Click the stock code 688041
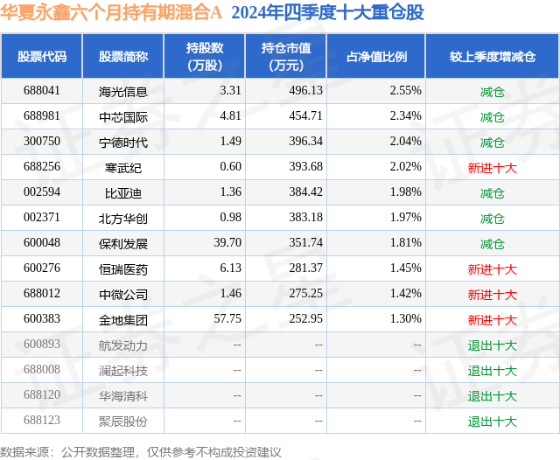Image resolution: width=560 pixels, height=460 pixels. (42, 91)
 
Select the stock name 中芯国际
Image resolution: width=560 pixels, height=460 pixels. (123, 116)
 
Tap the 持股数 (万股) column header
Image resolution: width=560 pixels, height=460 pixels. (204, 56)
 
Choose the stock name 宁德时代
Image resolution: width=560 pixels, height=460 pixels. (123, 142)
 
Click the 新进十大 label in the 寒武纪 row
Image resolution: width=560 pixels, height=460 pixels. (492, 167)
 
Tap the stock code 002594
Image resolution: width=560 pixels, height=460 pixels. (42, 192)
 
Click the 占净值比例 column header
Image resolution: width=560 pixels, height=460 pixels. (382, 56)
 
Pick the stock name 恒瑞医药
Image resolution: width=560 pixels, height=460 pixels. (123, 268)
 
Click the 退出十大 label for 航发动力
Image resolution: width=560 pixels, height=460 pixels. (492, 345)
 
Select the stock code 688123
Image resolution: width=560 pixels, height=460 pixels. (42, 421)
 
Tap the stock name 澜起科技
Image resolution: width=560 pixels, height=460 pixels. (123, 370)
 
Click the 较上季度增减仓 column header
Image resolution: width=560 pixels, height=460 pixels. (492, 56)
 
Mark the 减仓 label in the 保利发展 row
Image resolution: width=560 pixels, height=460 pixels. (492, 243)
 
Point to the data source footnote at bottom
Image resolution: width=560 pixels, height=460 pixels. (141, 451)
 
